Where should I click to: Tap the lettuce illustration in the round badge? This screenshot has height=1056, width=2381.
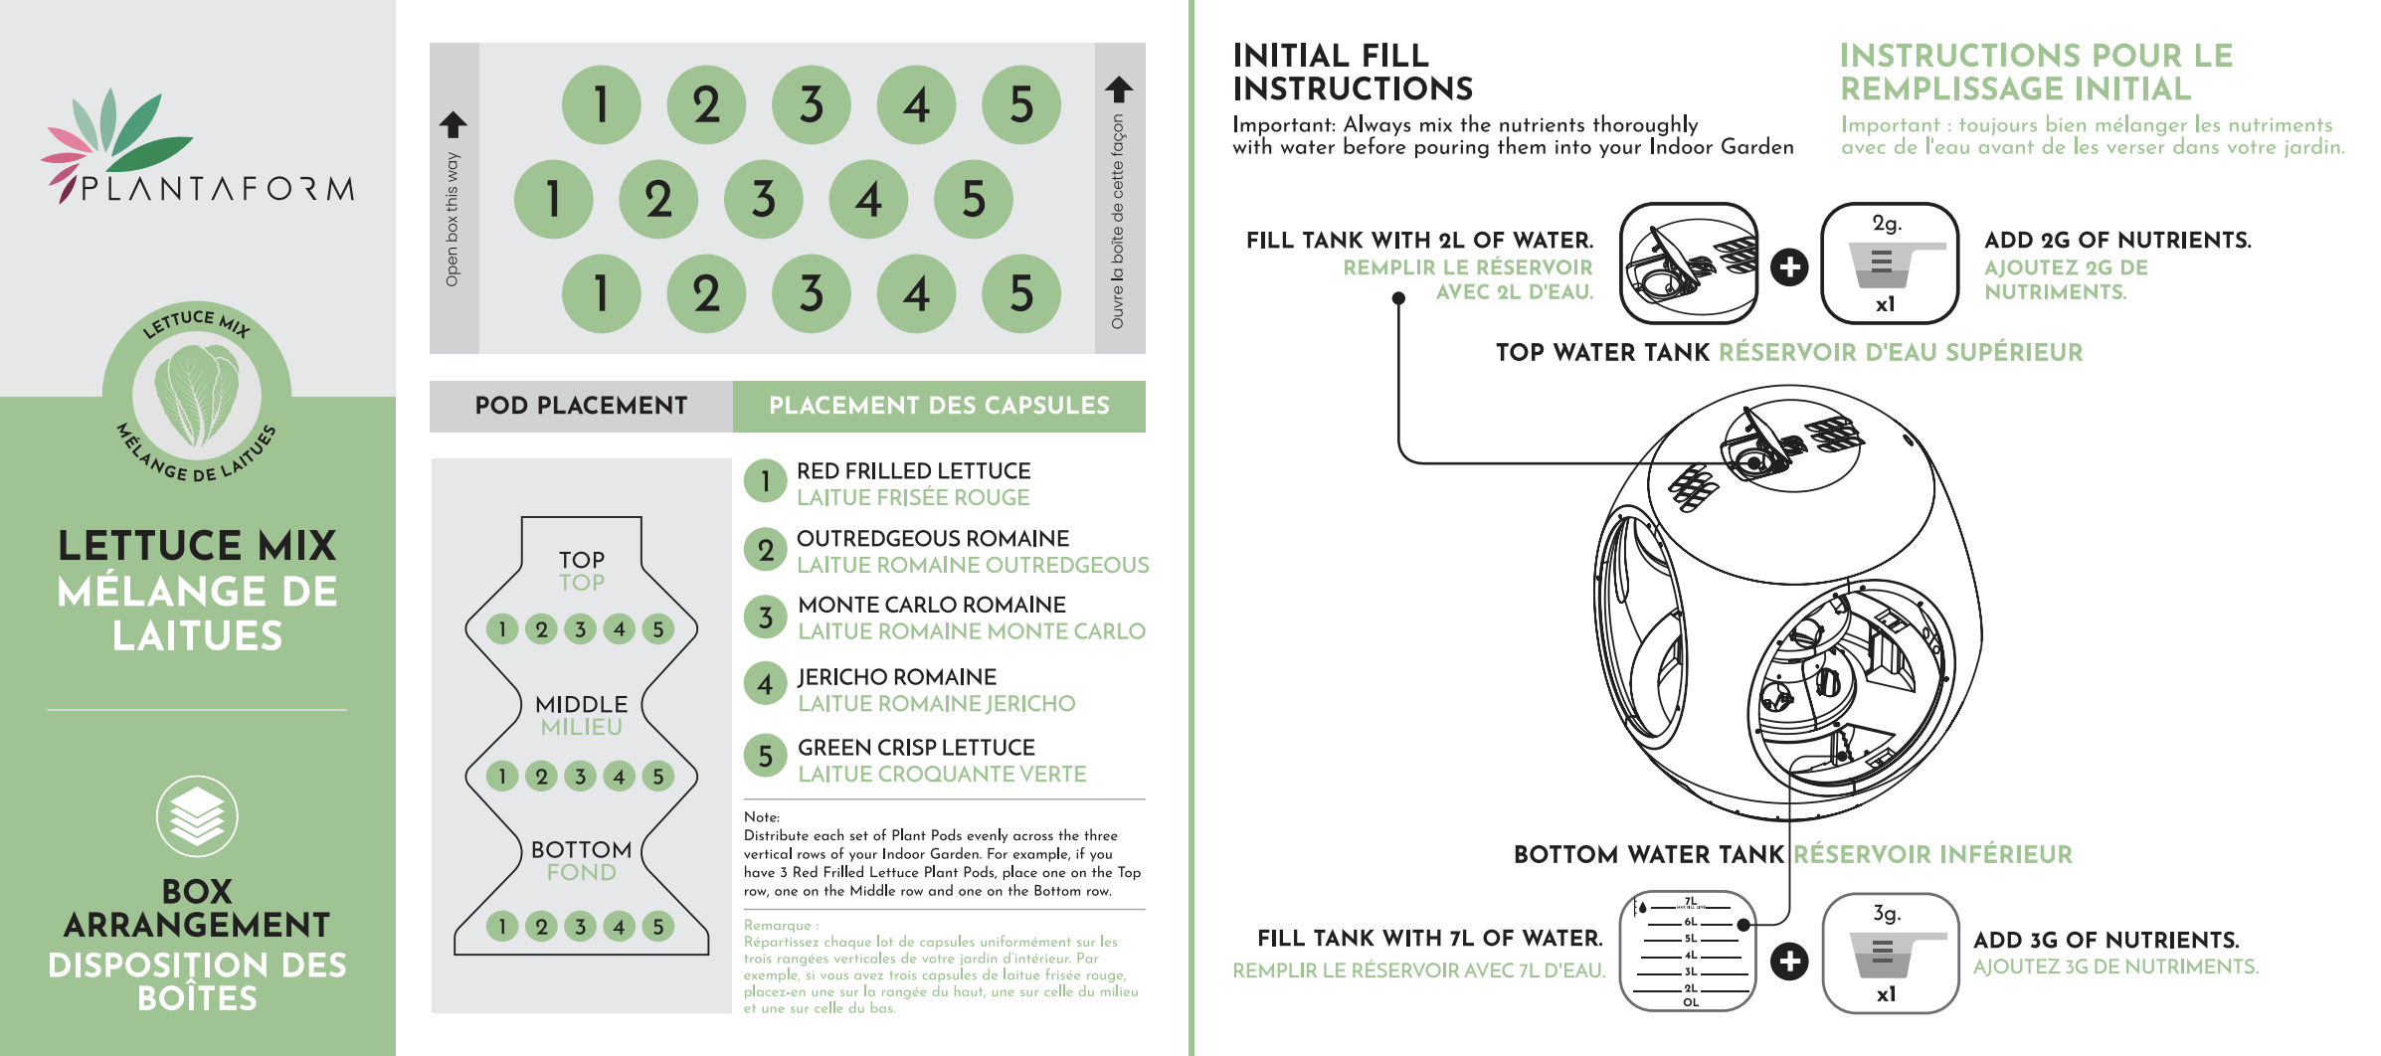pos(197,395)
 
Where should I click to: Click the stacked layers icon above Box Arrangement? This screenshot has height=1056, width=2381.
pos(197,816)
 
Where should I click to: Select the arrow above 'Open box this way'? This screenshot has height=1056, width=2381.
pos(454,124)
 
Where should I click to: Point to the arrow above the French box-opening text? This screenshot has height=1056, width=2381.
pos(1119,89)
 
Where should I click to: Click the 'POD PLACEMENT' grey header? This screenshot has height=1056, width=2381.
pos(582,406)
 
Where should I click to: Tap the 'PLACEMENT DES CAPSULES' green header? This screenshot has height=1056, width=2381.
pos(939,406)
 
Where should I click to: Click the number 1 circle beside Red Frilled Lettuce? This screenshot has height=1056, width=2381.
pos(766,481)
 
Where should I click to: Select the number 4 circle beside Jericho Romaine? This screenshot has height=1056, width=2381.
pos(766,684)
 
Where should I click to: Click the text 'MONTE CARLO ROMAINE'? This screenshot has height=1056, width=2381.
pos(932,605)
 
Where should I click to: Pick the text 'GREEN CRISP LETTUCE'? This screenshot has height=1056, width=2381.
pos(916,747)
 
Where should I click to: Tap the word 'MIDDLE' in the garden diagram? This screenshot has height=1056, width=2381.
pos(582,704)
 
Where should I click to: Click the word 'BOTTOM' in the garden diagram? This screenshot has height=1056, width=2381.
pos(582,850)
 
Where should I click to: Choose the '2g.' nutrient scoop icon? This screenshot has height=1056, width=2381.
pos(1890,264)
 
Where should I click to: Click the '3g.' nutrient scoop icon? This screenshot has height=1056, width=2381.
pos(1891,953)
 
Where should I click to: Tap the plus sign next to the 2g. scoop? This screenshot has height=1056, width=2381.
pos(1789,266)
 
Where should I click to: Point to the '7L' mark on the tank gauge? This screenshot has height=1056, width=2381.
pos(1690,902)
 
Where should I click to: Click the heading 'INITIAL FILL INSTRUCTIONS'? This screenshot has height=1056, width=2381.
pos(1353,72)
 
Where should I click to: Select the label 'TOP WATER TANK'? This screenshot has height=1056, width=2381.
pos(1602,352)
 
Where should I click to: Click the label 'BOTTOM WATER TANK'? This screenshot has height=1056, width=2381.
pos(1649,854)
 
